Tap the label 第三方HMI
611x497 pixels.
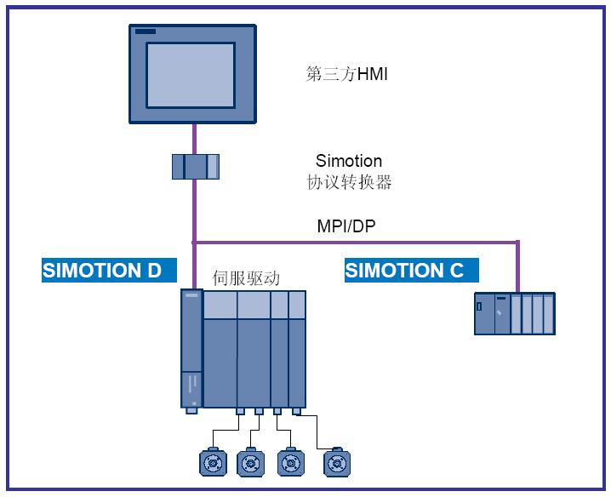click(x=346, y=74)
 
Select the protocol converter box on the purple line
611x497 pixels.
click(x=195, y=166)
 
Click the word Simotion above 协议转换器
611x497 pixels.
click(x=349, y=161)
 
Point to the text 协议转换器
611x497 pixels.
click(x=349, y=182)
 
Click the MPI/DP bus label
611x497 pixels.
click(x=345, y=226)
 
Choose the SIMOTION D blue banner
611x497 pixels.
click(x=109, y=271)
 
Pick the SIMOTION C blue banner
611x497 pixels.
click(x=411, y=271)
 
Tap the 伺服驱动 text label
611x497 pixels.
click(x=246, y=278)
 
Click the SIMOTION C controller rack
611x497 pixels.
click(x=515, y=313)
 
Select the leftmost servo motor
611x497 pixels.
click(x=213, y=462)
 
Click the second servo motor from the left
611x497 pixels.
click(x=251, y=462)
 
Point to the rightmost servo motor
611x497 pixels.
click(x=337, y=462)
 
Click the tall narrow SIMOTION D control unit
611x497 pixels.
click(x=191, y=349)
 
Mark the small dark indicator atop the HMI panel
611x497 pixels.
click(x=146, y=32)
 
